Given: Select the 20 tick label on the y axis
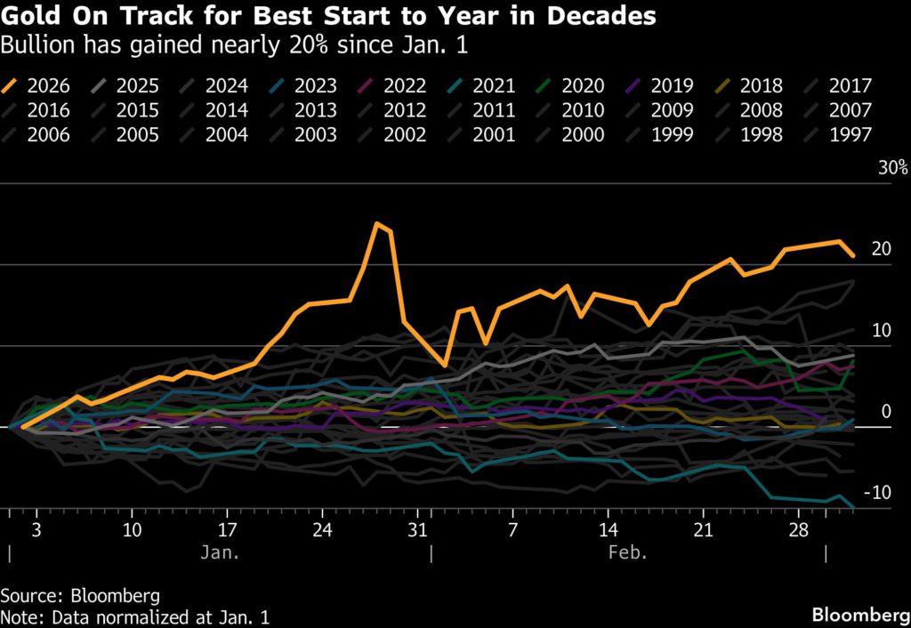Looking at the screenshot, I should pyautogui.click(x=882, y=249).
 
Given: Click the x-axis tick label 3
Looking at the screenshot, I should pyautogui.click(x=35, y=530).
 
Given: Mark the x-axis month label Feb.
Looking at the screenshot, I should pyautogui.click(x=628, y=552).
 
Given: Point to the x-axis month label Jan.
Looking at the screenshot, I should pyautogui.click(x=218, y=552).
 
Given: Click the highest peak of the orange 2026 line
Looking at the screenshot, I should pyautogui.click(x=377, y=223).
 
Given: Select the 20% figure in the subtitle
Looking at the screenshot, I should pyautogui.click(x=247, y=43).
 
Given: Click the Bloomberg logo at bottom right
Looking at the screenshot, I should pyautogui.click(x=858, y=615).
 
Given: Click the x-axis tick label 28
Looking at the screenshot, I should pyautogui.click(x=798, y=530).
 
